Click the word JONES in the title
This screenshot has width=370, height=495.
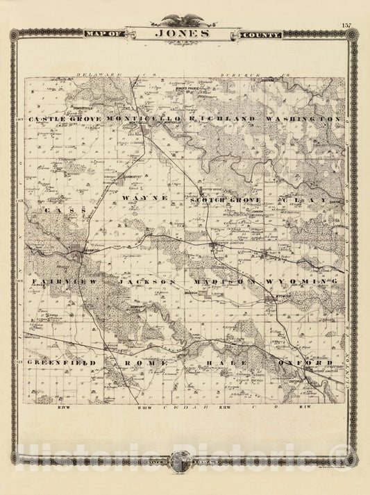point(185,33)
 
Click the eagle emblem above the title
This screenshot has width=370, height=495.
point(185,19)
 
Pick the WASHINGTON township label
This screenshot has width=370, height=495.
point(303,120)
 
